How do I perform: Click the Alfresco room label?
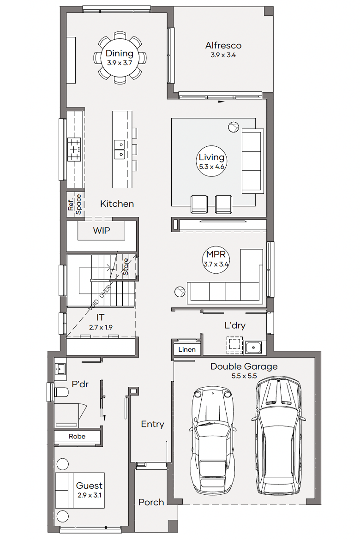(223, 45)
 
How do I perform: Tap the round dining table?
(120, 58)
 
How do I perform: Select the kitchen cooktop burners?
(74, 149)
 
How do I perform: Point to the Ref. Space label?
(75, 204)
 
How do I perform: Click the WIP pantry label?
(102, 230)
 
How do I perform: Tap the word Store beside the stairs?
(126, 267)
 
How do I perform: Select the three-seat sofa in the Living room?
(252, 161)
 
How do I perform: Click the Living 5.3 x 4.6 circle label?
(211, 161)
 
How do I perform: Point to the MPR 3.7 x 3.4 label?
(216, 259)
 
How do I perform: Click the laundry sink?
(255, 348)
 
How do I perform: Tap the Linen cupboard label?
(187, 349)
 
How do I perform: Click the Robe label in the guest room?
(77, 436)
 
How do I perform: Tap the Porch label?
(151, 502)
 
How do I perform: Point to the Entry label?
(153, 424)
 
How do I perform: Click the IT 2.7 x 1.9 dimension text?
(101, 327)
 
